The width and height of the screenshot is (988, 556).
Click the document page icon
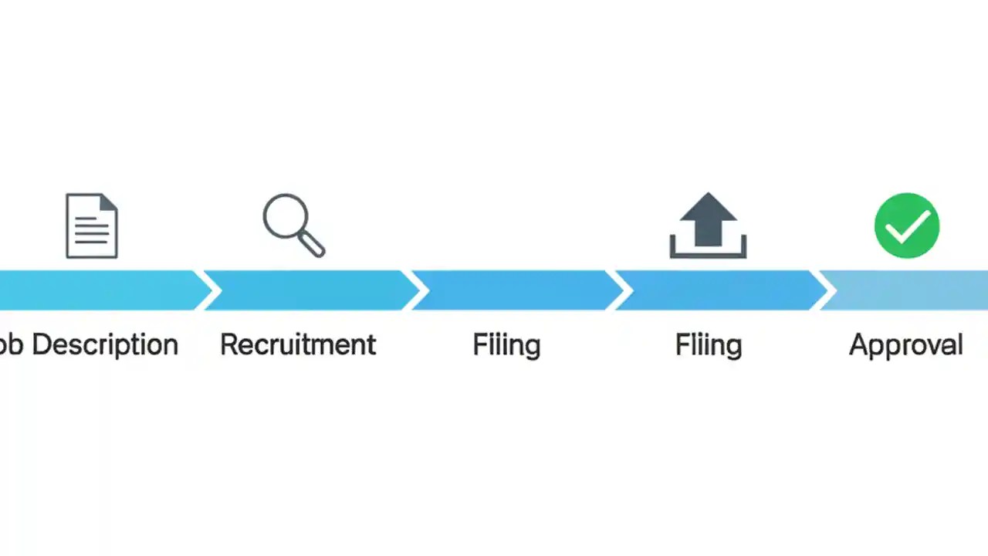92,225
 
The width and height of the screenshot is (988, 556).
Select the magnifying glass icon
293,225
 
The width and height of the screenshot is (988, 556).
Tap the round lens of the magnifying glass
285,216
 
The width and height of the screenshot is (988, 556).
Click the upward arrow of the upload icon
708,218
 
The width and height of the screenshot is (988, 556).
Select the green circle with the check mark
906,225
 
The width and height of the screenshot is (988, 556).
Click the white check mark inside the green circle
906,227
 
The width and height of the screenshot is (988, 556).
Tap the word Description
105,344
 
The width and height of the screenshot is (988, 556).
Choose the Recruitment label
298,344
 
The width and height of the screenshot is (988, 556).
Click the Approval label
905,344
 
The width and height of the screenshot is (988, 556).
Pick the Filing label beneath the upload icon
708,344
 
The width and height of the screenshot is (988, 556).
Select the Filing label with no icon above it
506,344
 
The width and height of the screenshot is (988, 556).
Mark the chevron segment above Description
100,290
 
